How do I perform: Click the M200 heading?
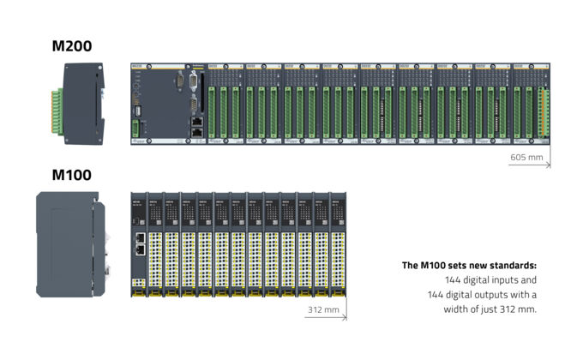(72, 46)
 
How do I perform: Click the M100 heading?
(72, 175)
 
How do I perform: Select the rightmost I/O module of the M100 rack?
(336, 244)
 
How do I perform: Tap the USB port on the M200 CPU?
(135, 110)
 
